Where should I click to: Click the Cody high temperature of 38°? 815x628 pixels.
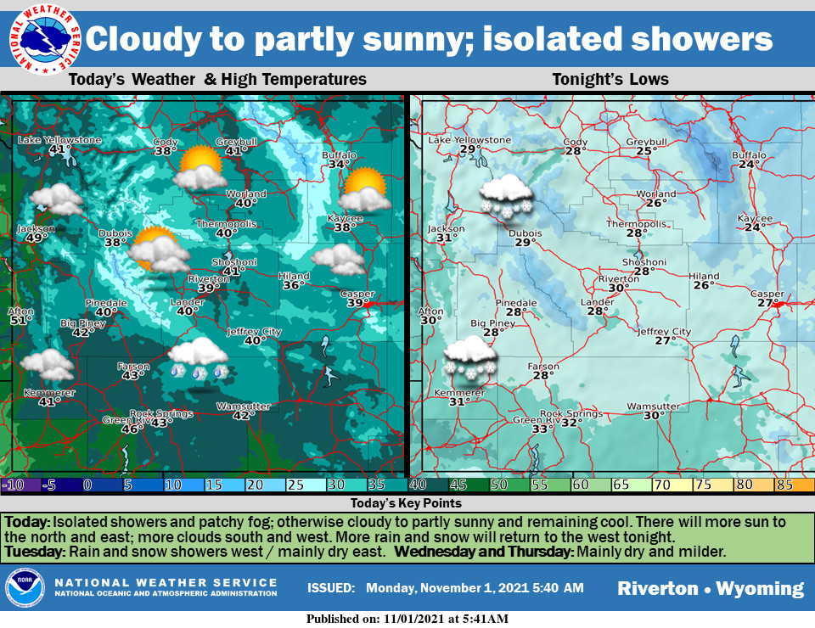coord(166,152)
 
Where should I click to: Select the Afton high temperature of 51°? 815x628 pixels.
coord(20,321)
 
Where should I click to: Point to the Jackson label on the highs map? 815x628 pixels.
coord(36,228)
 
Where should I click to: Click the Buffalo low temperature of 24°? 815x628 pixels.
coord(748,165)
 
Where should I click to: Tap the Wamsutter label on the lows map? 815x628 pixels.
coord(653,407)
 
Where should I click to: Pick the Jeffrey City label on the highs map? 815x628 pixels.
coord(254,331)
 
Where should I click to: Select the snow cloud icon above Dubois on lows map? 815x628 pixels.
coord(506,195)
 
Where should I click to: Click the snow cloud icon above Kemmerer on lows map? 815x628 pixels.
coord(469,356)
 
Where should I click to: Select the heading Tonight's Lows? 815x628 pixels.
coord(610,80)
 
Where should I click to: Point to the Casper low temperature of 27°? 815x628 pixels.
coord(767,303)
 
